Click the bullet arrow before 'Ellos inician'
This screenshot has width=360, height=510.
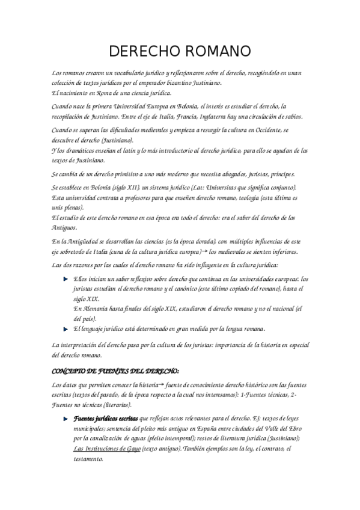point(66,279)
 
